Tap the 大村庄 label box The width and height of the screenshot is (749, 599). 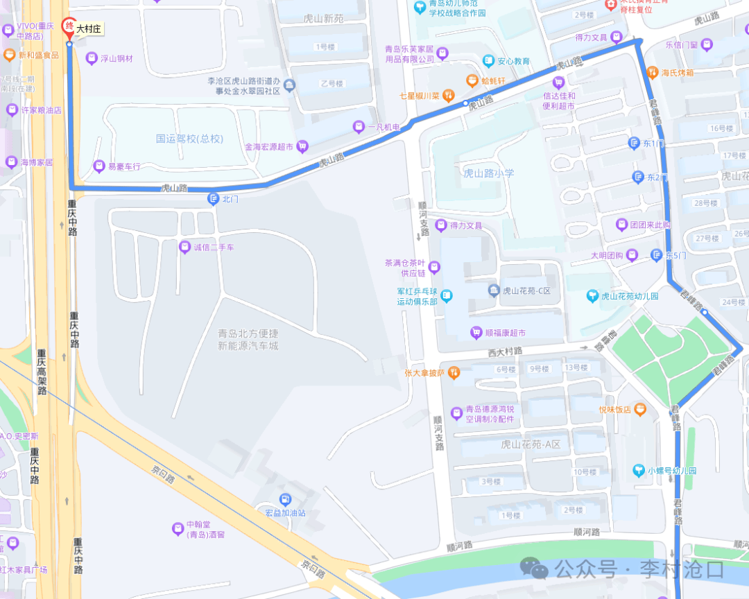89,29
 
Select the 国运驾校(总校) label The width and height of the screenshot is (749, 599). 189,139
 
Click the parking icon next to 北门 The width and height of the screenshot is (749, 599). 214,199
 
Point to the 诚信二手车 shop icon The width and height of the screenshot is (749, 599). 184,247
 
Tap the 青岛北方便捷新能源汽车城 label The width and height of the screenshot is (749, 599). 248,339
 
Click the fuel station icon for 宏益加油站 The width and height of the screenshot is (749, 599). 285,499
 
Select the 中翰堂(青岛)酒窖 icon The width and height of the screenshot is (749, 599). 178,529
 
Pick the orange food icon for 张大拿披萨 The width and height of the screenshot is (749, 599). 454,373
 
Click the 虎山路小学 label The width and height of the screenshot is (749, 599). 489,173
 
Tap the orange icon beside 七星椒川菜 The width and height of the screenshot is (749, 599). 449,95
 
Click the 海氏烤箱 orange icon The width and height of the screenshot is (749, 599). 651,71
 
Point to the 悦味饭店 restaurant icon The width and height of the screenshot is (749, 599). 639,409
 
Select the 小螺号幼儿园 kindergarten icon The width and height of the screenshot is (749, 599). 638,470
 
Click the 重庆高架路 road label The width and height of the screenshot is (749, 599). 42,376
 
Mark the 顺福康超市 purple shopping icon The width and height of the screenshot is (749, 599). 476,333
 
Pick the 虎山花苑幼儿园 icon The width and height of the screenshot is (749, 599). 592,296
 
